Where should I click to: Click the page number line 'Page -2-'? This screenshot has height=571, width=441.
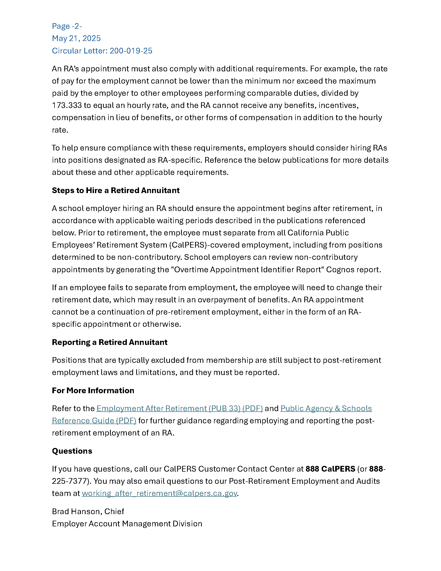pos(67,26)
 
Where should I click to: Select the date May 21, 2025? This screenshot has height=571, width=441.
pos(76,38)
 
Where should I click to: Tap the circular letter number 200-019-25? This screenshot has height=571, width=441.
pos(131,51)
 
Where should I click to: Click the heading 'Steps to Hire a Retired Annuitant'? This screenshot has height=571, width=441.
pos(116,190)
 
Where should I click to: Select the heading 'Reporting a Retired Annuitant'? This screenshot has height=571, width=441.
pos(110,342)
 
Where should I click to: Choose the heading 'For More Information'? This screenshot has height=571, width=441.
pos(93,391)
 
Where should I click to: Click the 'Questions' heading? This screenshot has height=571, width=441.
pos(72,451)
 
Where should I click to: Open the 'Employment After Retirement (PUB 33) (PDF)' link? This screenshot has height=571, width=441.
pos(180,408)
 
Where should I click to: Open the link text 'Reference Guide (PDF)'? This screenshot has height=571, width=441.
pos(94,421)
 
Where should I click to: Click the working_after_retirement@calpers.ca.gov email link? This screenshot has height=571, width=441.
pos(159,493)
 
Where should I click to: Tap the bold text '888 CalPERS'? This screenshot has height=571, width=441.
pos(330,469)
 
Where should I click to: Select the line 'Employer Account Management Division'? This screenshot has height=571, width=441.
pos(127,524)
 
